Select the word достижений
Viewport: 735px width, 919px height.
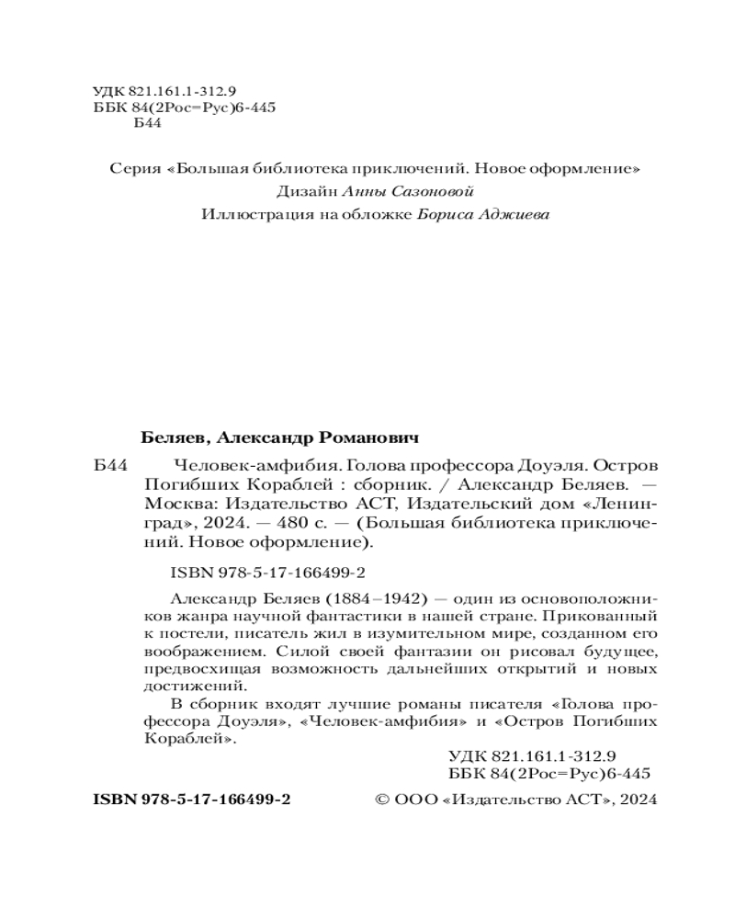coord(197,685)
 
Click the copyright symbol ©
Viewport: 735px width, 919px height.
coord(385,800)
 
